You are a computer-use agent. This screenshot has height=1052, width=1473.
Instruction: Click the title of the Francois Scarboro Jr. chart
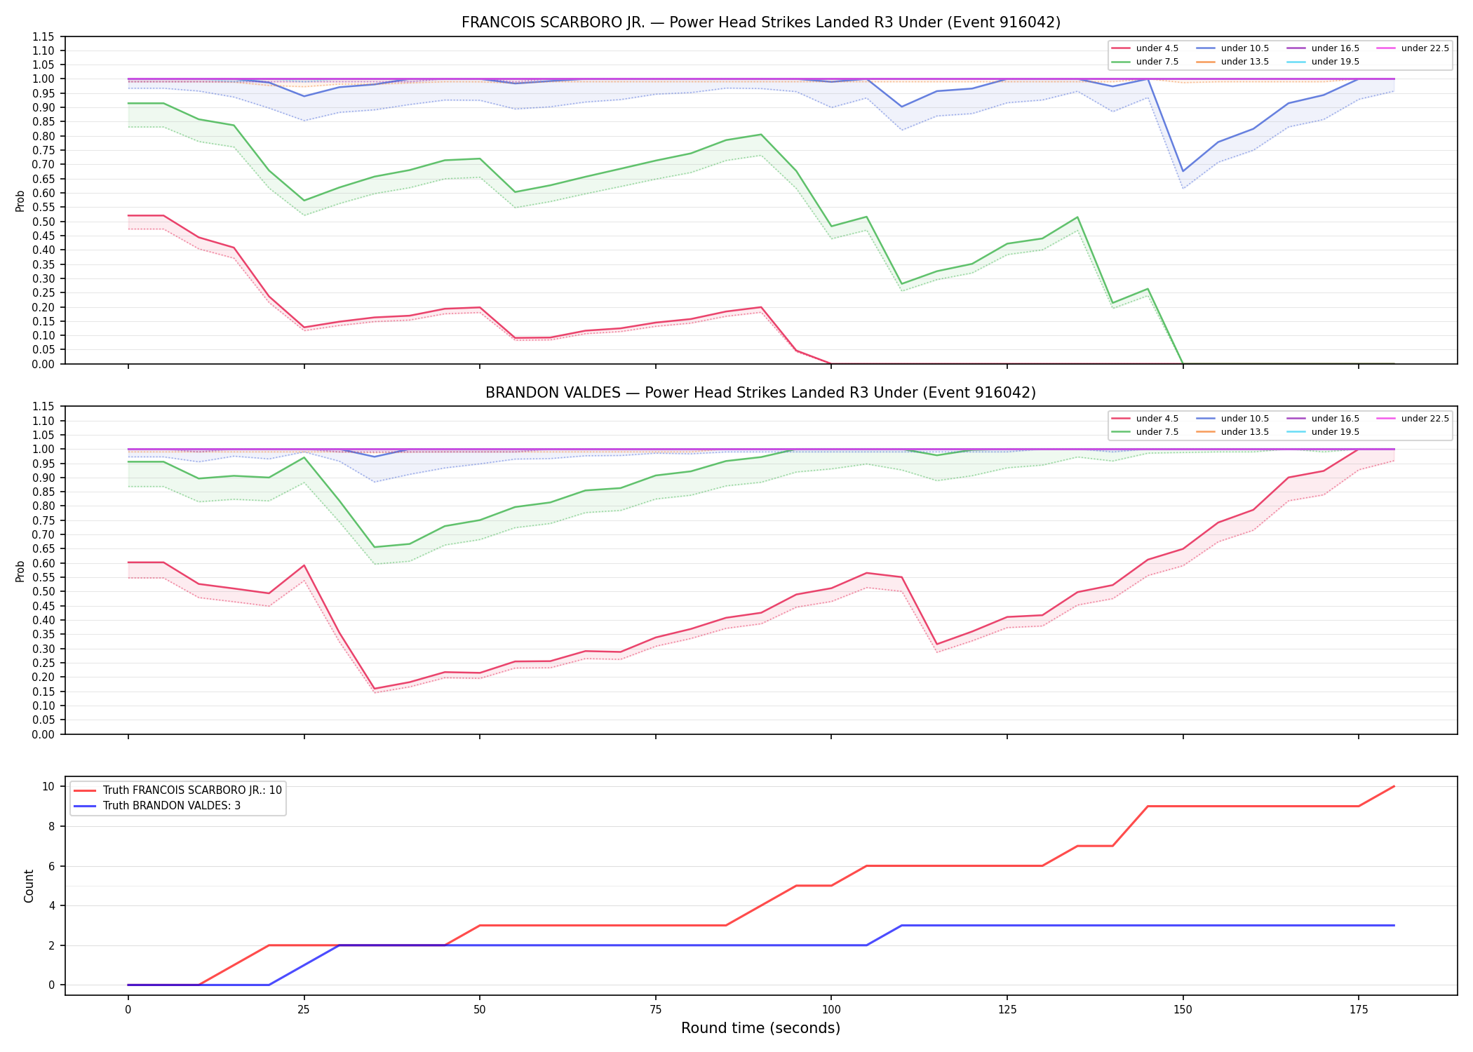[760, 22]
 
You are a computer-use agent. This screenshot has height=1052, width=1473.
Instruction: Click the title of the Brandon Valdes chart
[760, 393]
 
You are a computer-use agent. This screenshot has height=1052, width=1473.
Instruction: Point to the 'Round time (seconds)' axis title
[760, 1028]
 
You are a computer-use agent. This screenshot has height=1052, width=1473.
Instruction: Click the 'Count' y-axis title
[29, 886]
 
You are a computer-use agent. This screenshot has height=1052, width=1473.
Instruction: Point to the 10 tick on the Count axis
[49, 786]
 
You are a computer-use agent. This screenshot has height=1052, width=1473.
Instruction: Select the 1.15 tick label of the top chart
[43, 36]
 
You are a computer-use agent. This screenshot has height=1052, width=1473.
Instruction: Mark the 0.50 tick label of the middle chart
[43, 591]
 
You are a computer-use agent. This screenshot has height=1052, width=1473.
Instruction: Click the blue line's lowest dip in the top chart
[1183, 171]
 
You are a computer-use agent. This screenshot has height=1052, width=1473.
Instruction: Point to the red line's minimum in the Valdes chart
[375, 689]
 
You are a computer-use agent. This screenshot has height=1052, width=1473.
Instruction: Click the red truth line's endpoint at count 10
[1394, 786]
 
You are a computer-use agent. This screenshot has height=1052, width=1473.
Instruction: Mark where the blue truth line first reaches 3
[902, 926]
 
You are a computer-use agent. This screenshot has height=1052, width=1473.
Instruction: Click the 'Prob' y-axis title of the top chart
[20, 201]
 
